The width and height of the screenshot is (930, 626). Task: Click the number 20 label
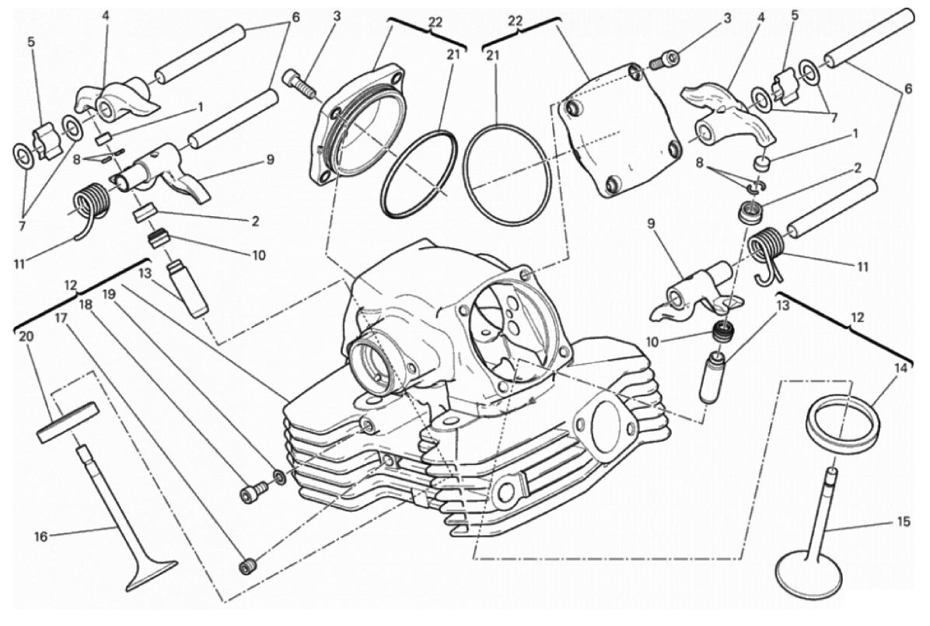click(26, 337)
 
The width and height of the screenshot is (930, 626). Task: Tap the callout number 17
click(61, 319)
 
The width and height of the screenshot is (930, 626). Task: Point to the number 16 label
click(40, 537)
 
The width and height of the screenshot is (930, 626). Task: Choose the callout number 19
click(107, 293)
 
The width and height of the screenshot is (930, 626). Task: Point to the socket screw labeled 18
click(249, 494)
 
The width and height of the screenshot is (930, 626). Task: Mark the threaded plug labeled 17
click(246, 566)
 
